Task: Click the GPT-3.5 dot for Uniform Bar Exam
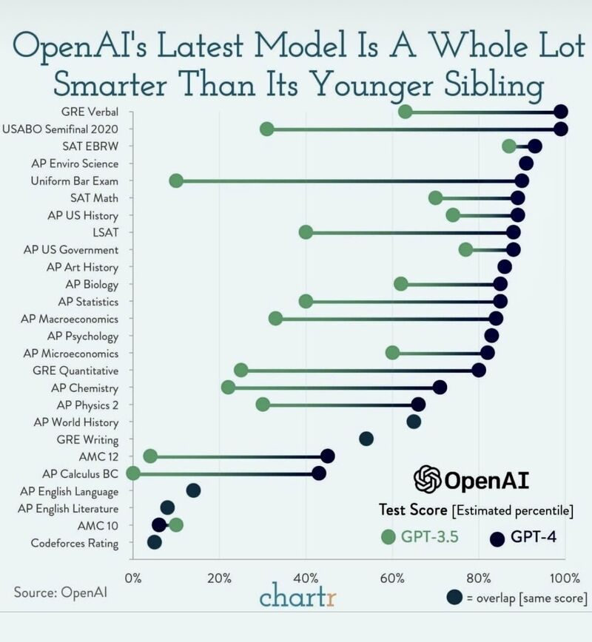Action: tap(176, 180)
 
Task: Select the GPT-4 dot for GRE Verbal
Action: tap(561, 112)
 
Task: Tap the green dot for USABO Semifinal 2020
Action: tap(266, 129)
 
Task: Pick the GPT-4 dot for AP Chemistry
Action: tap(440, 388)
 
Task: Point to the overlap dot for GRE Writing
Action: tap(366, 439)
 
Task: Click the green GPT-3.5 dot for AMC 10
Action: tap(176, 525)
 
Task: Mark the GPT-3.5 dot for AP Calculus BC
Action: tap(132, 473)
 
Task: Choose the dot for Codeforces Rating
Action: tap(155, 542)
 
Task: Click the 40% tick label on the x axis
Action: tap(306, 578)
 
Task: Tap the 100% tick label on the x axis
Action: tap(565, 578)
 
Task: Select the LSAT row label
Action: tap(106, 232)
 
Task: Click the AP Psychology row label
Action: tap(83, 337)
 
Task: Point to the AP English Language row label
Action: tap(70, 492)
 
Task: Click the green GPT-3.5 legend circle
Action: tap(388, 537)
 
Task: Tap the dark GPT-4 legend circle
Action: tap(497, 538)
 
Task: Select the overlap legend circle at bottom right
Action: tap(455, 598)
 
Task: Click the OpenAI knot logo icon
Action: tap(427, 479)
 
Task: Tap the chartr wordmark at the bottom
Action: tap(297, 595)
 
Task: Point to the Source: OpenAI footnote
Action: tap(60, 592)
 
